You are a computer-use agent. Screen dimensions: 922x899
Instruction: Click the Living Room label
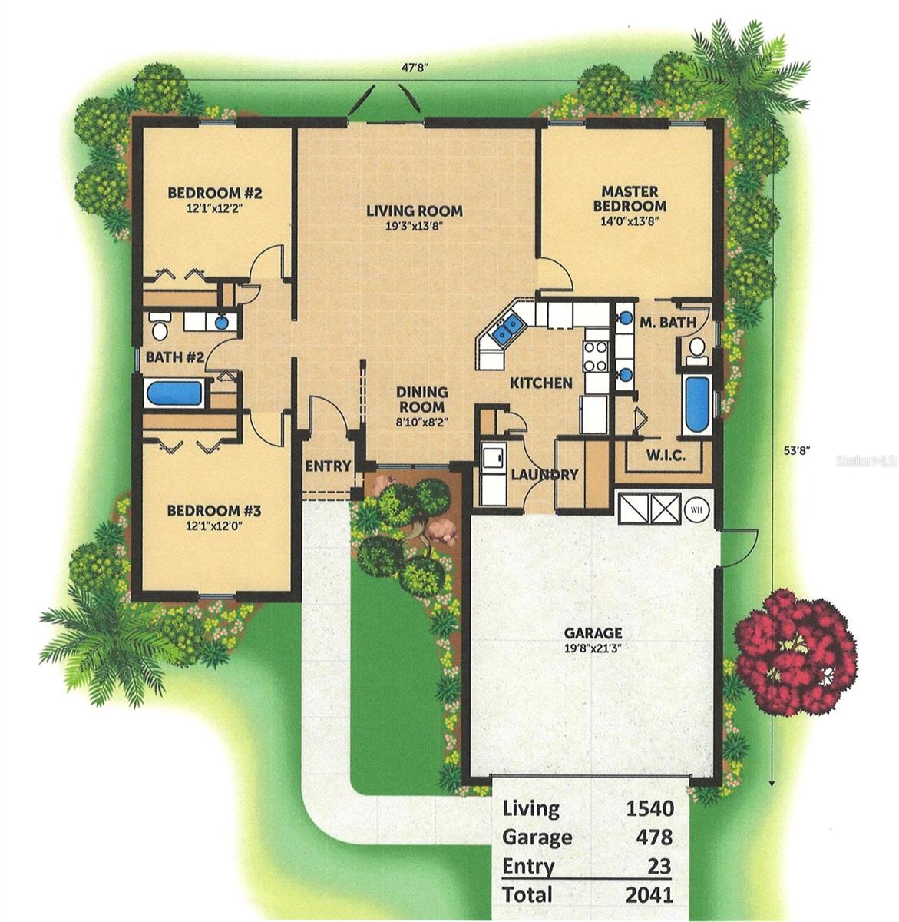(x=414, y=211)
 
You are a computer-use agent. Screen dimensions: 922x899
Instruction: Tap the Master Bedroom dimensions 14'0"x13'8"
(x=633, y=221)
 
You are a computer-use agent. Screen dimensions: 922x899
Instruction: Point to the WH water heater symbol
(x=697, y=509)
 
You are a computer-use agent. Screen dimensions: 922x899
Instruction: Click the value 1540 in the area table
(x=649, y=808)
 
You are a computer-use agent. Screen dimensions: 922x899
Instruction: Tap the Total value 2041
(x=649, y=894)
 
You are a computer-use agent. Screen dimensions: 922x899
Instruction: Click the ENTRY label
(x=328, y=466)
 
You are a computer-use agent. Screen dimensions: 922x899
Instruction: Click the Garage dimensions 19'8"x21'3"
(x=593, y=648)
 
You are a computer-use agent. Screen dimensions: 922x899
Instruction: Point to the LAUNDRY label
(x=544, y=475)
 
